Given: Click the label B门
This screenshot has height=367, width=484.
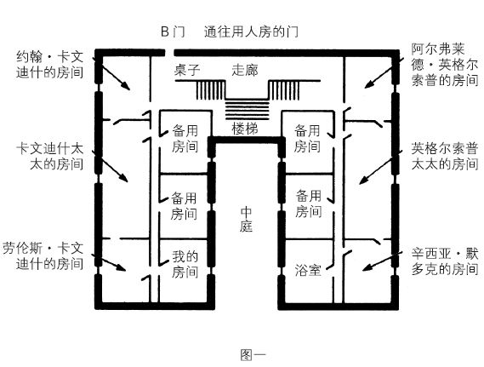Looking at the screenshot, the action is point(173,32).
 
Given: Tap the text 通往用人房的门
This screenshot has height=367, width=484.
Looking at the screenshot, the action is point(251,32).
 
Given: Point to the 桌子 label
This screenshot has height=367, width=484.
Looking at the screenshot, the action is point(187,70).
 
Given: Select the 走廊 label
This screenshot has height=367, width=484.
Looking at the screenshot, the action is point(245,70).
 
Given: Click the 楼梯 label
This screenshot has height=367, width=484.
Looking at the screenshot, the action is point(245,129).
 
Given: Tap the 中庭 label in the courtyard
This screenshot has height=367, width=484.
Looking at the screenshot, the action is point(246,219).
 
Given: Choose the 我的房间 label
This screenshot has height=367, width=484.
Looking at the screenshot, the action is point(185,264).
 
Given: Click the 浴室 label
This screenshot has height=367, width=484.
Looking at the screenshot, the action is point(308,270).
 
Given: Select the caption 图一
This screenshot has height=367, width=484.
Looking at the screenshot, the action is point(253,354).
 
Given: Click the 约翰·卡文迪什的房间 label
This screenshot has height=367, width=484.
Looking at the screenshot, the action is point(49,65).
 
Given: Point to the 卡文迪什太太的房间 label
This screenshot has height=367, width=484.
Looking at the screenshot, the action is point(49,157).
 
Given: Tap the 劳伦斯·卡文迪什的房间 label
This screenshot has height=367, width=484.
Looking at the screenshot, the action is point(43,256).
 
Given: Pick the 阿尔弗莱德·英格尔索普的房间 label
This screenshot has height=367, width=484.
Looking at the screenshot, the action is point(445,65).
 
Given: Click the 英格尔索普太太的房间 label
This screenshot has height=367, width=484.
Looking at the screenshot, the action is point(445,157).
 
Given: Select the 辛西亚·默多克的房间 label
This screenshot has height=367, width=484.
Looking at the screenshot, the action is point(445,261).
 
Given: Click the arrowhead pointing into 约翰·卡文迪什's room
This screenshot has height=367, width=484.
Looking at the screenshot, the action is point(126,86).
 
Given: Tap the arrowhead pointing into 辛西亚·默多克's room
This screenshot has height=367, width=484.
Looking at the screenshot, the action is point(366,268).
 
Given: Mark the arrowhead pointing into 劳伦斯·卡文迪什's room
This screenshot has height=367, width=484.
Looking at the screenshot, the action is point(122,267).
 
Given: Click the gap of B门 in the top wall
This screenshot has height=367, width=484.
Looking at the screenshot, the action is point(169,53).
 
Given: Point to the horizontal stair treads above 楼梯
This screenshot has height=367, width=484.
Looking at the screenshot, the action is point(247,109).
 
